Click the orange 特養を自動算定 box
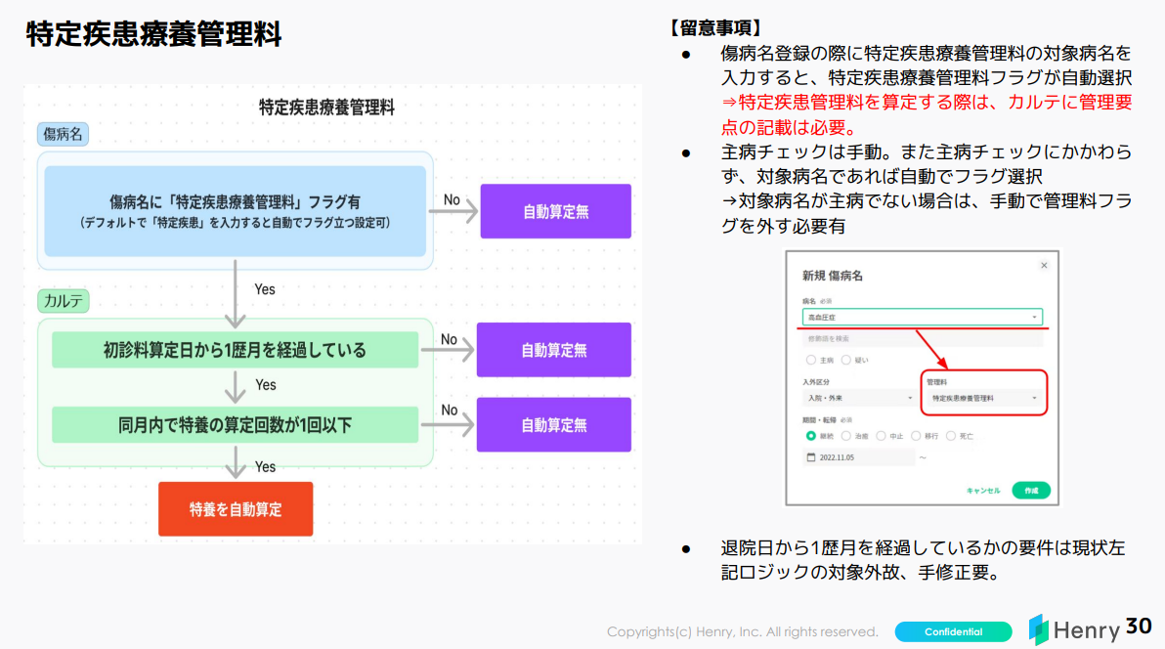click(x=236, y=508)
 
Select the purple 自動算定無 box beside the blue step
click(x=555, y=211)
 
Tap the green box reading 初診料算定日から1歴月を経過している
click(x=235, y=350)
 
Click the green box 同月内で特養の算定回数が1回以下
click(x=235, y=425)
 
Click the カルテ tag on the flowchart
click(x=64, y=300)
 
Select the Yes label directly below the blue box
click(x=265, y=289)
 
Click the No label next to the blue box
click(x=452, y=199)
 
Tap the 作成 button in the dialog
click(x=1031, y=490)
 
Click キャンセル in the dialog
click(x=982, y=490)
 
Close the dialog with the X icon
click(x=1044, y=265)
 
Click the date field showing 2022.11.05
click(x=858, y=456)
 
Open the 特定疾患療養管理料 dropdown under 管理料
click(x=984, y=399)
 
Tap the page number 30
click(x=1139, y=627)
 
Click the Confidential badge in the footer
click(x=953, y=631)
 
